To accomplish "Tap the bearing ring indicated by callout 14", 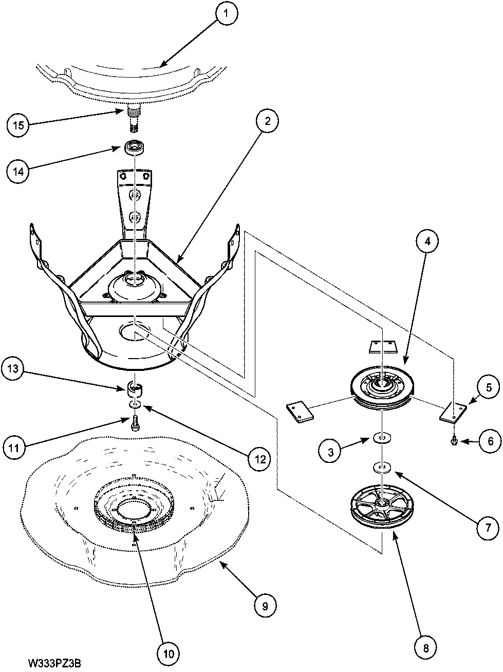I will point(135,147).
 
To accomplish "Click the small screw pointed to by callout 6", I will point(454,441).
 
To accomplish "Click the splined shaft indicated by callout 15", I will point(135,118).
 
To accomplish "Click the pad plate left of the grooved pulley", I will point(299,412).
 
